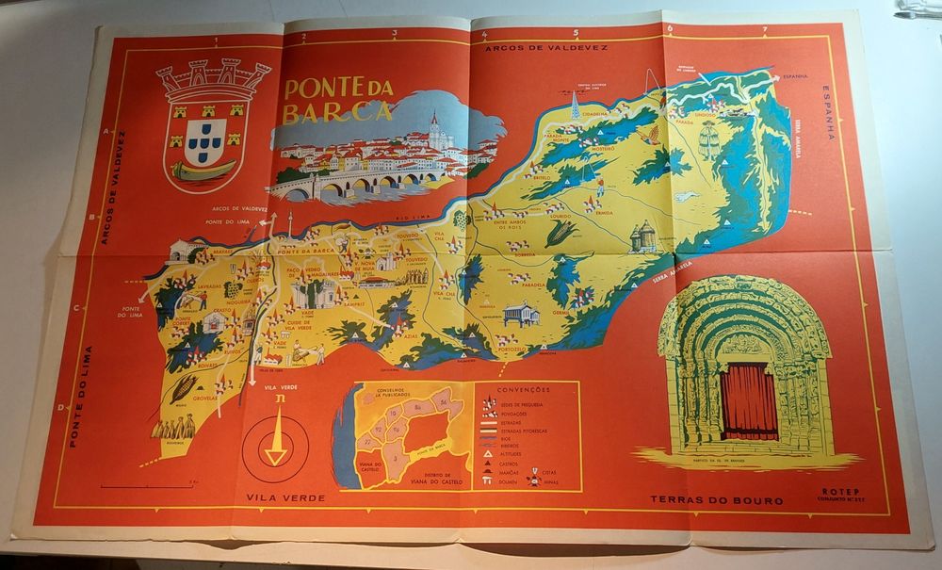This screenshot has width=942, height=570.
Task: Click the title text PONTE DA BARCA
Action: tap(337, 99)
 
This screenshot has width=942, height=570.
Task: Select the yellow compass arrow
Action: tap(276, 442)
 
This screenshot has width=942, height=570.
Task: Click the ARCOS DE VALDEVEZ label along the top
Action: tap(546, 46)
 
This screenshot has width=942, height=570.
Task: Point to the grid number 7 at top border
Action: tap(765, 30)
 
